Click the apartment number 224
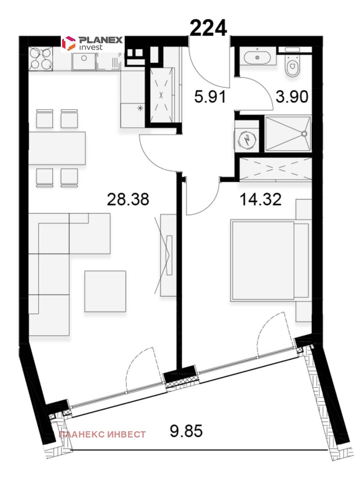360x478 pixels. (x=208, y=28)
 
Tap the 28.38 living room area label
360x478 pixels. (x=128, y=199)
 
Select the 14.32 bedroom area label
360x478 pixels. (x=261, y=200)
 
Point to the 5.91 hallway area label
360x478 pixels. (x=210, y=97)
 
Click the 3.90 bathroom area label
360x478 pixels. (x=292, y=97)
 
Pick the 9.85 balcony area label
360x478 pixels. (x=186, y=431)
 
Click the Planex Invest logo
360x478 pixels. (x=92, y=43)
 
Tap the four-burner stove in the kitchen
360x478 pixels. (x=40, y=59)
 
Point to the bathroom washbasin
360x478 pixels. (x=257, y=57)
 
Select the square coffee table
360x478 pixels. (x=105, y=291)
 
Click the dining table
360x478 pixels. (x=57, y=148)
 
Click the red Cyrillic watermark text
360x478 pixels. (x=102, y=434)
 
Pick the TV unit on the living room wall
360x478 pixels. (x=168, y=255)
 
